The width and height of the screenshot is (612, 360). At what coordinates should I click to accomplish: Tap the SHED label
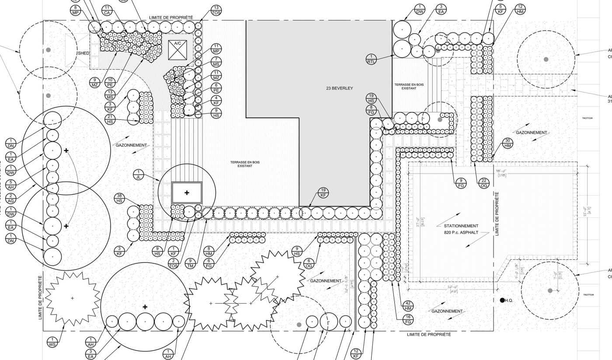coord(84,53)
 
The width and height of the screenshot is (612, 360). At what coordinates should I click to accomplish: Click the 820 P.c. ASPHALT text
coord(461,233)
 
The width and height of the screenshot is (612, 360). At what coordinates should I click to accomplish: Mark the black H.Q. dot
coord(502,300)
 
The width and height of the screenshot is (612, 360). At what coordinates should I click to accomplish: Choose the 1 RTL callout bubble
coord(371,59)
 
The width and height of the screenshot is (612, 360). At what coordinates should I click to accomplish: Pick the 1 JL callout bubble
coord(139,175)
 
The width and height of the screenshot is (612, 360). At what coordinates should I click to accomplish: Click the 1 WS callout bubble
coord(52,342)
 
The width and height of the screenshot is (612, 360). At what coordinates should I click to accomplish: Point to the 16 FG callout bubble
coord(408,319)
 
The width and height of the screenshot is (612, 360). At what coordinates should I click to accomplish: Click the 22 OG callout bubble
coord(483,183)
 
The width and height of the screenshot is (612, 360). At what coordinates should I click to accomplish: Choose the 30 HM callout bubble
coord(508,143)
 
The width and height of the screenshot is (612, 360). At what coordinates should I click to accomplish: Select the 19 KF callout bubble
coord(323,192)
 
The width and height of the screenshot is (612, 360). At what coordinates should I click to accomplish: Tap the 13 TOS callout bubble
coord(216,10)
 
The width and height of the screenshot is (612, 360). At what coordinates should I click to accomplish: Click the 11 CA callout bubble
coord(107,10)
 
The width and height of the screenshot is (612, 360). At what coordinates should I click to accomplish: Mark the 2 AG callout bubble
coord(11,198)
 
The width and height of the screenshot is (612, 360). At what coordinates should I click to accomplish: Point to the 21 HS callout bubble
coord(110,119)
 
